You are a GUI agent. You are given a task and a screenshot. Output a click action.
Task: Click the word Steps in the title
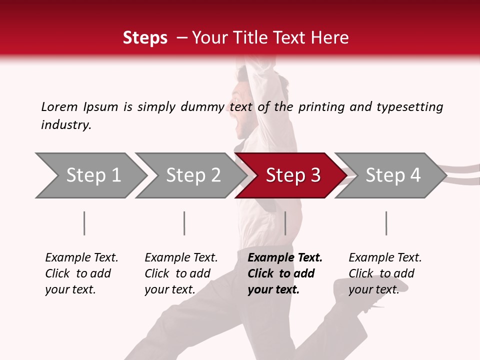click(145, 38)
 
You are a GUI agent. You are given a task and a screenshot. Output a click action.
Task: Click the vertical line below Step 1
click(84, 223)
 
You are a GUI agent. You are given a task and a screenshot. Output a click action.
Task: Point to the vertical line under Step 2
click(184, 223)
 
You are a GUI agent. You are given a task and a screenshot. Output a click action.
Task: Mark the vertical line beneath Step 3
click(285, 223)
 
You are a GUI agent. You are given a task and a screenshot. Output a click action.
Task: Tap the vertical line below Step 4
click(386, 223)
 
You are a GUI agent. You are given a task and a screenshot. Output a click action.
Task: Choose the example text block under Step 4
click(384, 273)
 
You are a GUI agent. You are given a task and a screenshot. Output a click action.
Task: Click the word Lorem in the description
click(59, 106)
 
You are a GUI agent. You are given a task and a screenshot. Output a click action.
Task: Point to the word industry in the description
click(65, 125)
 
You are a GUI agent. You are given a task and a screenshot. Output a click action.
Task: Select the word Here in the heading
click(331, 38)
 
